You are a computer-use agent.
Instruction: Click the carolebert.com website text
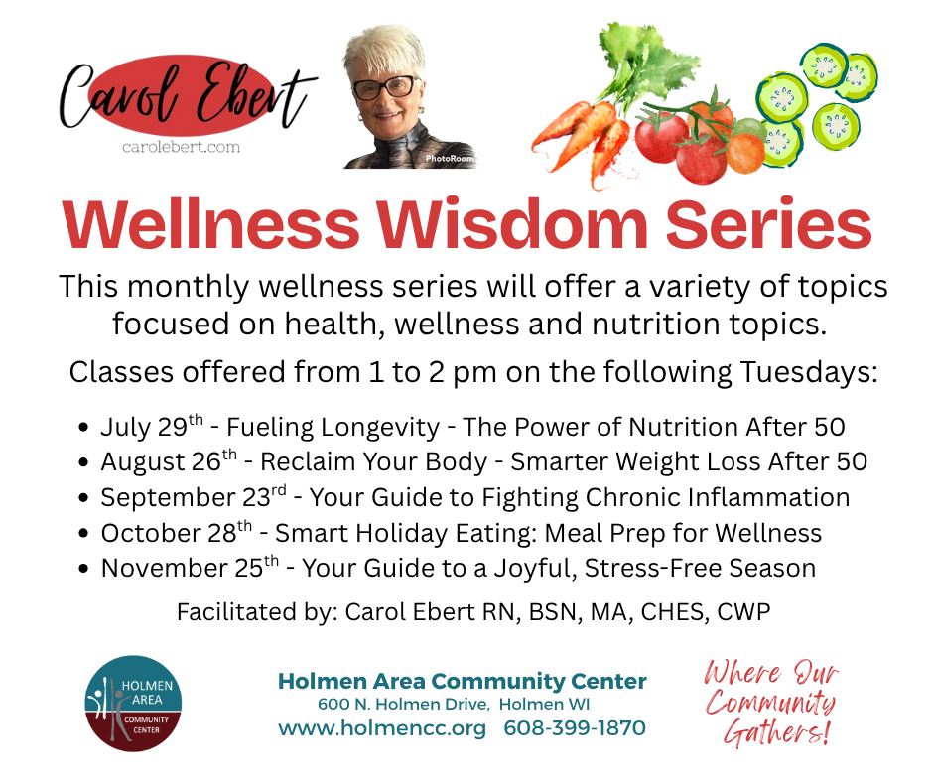coord(181,147)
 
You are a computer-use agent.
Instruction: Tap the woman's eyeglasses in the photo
coord(385,88)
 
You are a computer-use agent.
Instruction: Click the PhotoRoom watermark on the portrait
coord(450,159)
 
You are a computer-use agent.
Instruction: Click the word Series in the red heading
coord(768,224)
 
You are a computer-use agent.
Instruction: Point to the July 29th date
coord(152,426)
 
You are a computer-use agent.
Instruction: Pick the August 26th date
coord(169,461)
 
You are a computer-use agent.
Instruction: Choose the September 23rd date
coord(194,497)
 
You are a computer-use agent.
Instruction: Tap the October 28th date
coord(176,533)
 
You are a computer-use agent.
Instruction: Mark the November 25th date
coord(190,568)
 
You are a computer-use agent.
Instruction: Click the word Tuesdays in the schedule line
coord(809,372)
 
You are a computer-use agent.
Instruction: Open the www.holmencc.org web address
coord(382,728)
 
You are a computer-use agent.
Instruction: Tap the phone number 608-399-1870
coord(575,727)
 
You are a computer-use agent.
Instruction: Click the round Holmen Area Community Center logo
coord(133,704)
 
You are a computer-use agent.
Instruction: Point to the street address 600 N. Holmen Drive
coord(403,704)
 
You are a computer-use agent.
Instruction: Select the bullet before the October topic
coord(84,533)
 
